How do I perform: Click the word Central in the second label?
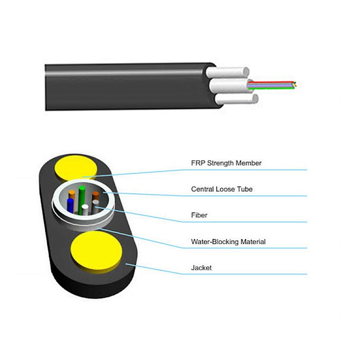[202, 189]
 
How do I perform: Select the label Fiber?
[199, 215]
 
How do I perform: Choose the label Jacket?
[201, 268]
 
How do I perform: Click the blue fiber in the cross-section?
[70, 205]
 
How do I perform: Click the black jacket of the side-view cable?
[126, 85]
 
